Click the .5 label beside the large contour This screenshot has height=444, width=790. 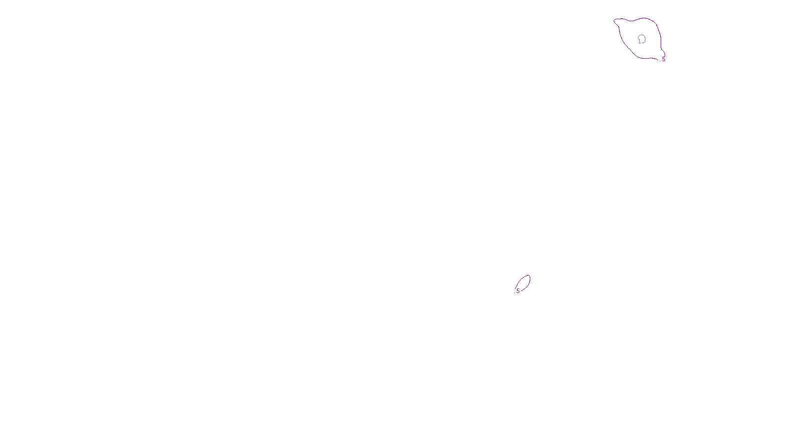(x=663, y=59)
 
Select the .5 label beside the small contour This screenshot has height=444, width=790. (x=517, y=291)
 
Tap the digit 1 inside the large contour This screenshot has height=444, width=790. (x=639, y=41)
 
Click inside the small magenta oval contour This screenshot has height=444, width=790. (x=523, y=283)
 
